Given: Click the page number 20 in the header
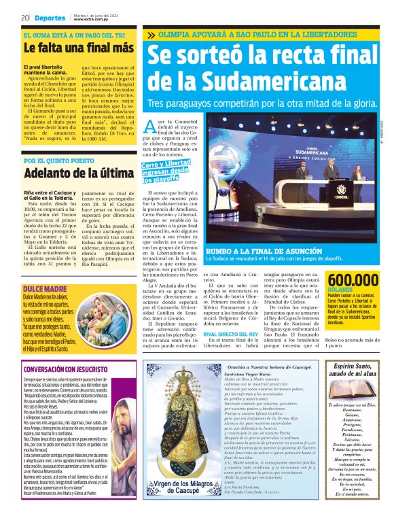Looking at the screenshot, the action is [x=24, y=18].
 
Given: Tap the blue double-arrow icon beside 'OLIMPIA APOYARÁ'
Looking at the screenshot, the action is [x=150, y=35].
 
